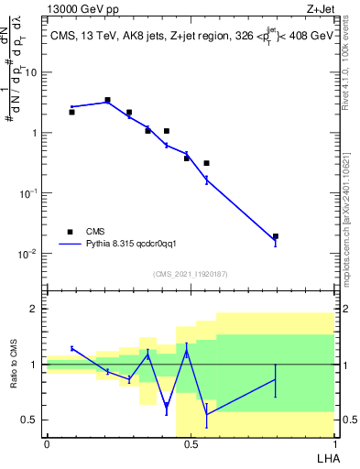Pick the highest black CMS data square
[x=107, y=100]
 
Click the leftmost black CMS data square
[x=71, y=112]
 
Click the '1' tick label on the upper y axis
[x=35, y=133]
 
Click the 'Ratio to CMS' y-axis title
[x=14, y=364]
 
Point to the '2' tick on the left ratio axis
[x=36, y=309]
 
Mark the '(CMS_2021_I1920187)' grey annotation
[x=190, y=273]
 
